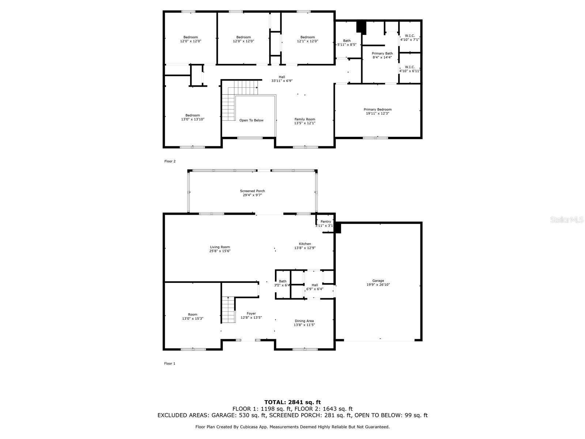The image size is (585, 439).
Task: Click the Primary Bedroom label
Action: click(377, 109)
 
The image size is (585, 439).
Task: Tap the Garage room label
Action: click(378, 280)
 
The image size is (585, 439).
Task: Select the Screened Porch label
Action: click(252, 191)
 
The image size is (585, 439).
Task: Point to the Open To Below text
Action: click(251, 120)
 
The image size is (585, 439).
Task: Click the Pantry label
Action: click(325, 221)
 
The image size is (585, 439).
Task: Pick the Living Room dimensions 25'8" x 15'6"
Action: click(220, 251)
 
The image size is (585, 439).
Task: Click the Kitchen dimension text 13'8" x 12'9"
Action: click(305, 248)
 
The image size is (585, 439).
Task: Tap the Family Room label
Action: click(305, 119)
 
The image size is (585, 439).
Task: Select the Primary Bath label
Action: click(382, 53)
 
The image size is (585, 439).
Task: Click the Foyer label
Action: click(251, 314)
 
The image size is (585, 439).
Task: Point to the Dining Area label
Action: click(304, 321)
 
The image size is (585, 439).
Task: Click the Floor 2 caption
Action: click(170, 161)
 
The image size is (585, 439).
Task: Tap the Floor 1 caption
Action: click(170, 363)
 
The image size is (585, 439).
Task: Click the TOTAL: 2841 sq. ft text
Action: click(292, 402)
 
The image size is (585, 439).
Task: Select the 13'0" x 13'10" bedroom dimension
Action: click(192, 119)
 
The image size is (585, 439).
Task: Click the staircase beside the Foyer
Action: click(229, 310)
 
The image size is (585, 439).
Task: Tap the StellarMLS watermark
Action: click(567, 220)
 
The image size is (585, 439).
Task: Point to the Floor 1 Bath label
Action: click(283, 281)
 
